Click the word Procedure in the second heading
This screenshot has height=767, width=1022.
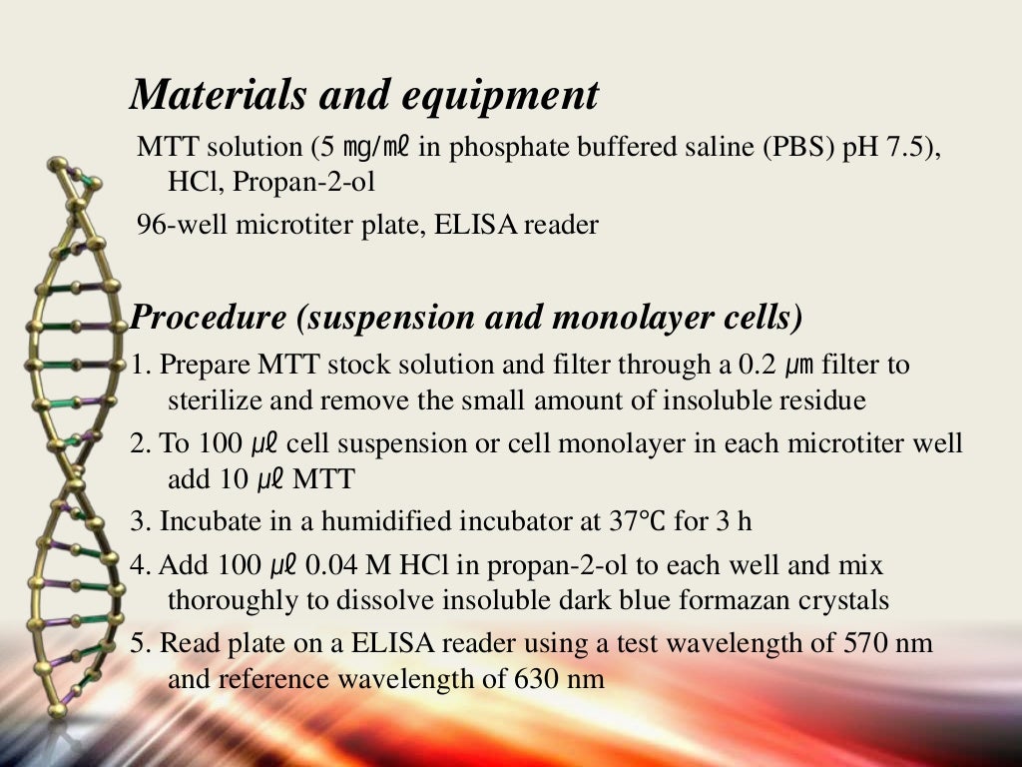209,318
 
